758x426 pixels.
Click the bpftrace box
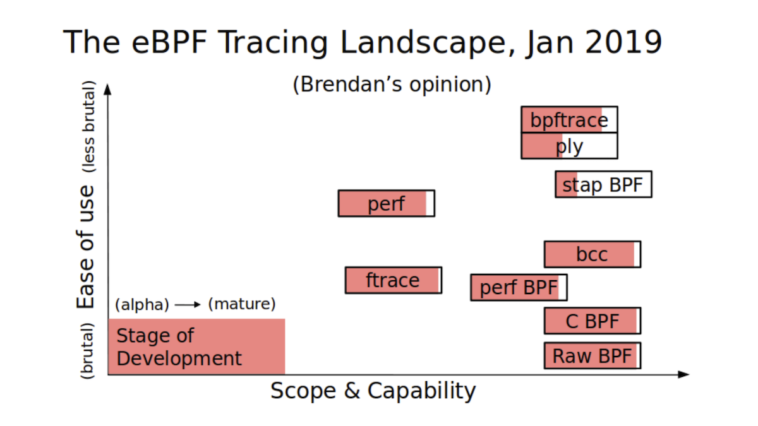tap(569, 120)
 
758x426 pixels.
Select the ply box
tap(569, 146)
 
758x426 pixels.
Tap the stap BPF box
tap(603, 184)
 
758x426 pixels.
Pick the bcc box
tap(593, 254)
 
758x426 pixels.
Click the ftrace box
tap(394, 280)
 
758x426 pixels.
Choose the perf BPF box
tap(519, 287)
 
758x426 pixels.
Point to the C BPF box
tap(593, 321)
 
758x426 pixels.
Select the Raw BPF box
tap(593, 356)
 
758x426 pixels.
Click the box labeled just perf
tap(387, 203)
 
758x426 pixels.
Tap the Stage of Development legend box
tap(196, 346)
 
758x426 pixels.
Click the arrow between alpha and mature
tap(188, 305)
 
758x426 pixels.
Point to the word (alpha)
tap(142, 305)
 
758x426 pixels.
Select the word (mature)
tap(242, 304)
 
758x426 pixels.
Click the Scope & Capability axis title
tap(373, 391)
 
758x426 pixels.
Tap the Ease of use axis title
tap(85, 247)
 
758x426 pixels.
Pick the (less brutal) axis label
tap(88, 127)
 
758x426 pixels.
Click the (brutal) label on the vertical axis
tap(87, 351)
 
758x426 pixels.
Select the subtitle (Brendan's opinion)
tap(392, 84)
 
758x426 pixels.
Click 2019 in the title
tap(623, 42)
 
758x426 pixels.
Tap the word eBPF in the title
tap(169, 42)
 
